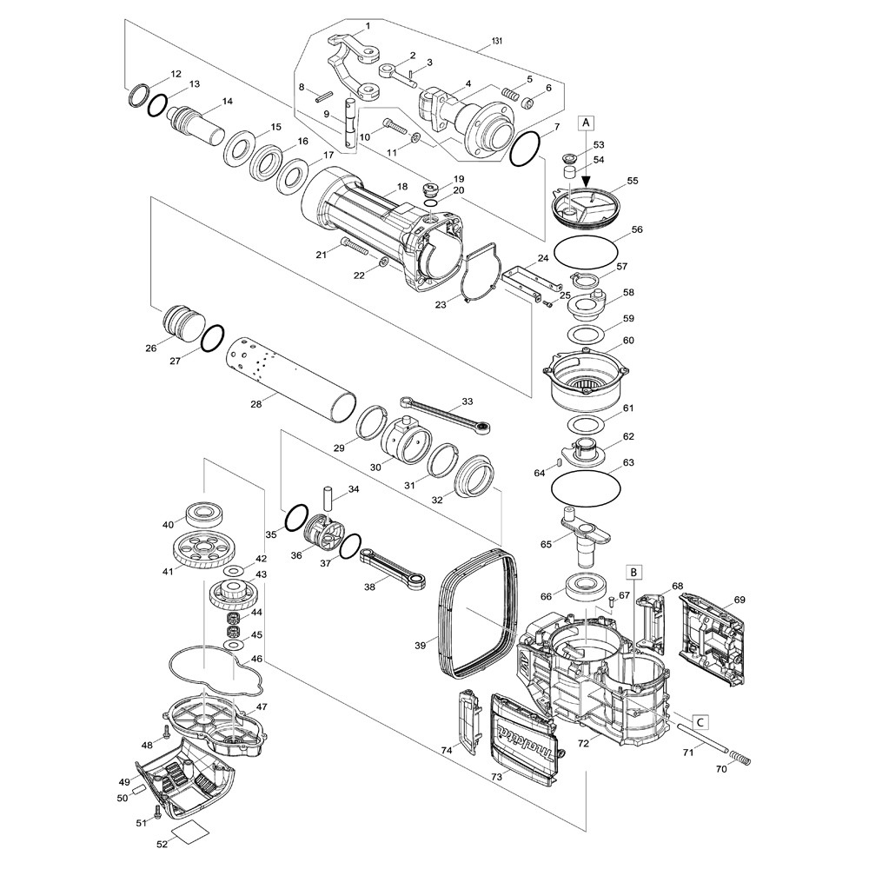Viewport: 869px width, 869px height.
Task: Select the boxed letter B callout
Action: [635, 572]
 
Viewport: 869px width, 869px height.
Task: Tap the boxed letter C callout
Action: [700, 720]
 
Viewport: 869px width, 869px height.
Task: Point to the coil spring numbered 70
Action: [736, 760]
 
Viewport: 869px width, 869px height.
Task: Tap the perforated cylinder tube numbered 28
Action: [286, 380]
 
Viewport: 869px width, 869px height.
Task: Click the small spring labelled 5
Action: [515, 93]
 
